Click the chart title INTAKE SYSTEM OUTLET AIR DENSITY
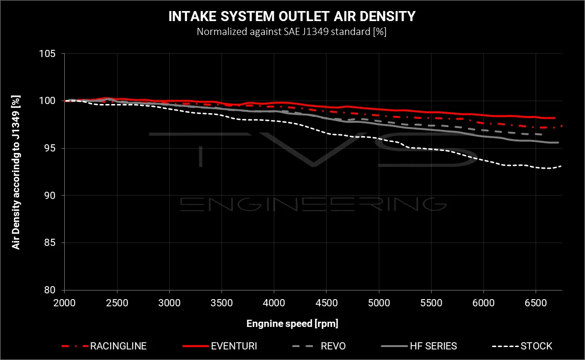click(x=292, y=16)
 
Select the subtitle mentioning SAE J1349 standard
click(x=292, y=32)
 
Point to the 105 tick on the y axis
click(x=47, y=54)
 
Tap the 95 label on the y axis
click(x=49, y=148)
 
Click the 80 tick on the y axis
click(x=49, y=290)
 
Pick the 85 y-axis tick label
click(x=49, y=243)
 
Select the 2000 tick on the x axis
click(x=65, y=303)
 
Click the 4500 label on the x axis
click(x=327, y=303)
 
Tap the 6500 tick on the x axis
click(x=536, y=303)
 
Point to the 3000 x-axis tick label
click(x=169, y=303)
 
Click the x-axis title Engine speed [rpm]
click(x=292, y=324)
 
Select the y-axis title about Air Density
click(x=16, y=172)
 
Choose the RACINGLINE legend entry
click(x=104, y=346)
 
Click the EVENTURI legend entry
click(x=220, y=346)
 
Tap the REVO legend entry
click(x=319, y=346)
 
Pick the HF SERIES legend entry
click(x=419, y=346)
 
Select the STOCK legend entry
click(x=522, y=346)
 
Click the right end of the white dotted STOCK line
click(x=561, y=166)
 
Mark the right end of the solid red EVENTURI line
click(x=555, y=118)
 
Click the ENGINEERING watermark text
click(x=313, y=204)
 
